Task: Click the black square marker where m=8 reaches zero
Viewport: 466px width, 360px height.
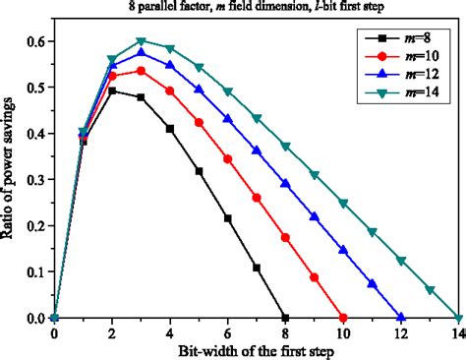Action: point(285,318)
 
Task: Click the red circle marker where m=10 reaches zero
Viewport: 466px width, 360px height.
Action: point(343,318)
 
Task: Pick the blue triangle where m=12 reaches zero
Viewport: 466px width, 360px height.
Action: point(400,318)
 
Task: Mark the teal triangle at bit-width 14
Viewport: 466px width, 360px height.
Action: point(458,318)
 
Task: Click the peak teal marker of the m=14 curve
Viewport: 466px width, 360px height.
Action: point(142,41)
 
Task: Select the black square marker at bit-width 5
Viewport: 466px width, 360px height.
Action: point(199,171)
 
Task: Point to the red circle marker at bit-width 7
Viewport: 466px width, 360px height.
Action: point(257,198)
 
